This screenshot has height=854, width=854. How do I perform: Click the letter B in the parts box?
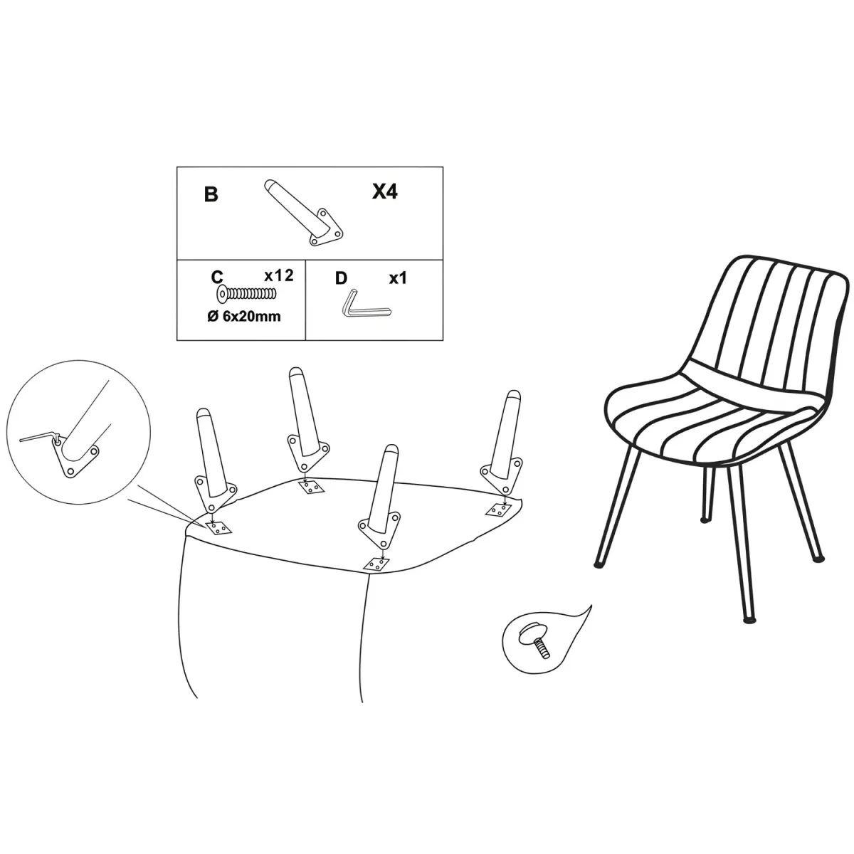[211, 194]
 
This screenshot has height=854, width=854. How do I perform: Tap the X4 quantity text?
[385, 191]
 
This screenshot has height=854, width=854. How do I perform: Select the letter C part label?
[217, 277]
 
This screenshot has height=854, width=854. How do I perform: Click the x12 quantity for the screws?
[279, 275]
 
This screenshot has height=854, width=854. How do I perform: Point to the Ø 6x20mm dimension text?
[244, 317]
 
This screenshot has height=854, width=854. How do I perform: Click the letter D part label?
[341, 278]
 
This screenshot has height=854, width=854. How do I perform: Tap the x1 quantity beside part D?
[398, 278]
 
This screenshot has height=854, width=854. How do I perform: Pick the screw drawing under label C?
[247, 293]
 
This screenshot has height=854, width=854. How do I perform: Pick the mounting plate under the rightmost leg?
[499, 510]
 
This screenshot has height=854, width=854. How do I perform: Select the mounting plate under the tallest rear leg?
[312, 486]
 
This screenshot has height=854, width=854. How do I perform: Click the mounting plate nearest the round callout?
[219, 528]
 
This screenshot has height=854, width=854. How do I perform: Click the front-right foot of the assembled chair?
[751, 621]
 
